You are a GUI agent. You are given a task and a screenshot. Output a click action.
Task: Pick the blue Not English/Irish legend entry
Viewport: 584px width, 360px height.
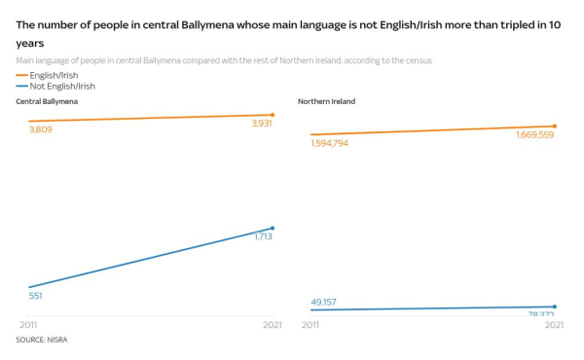point(61,87)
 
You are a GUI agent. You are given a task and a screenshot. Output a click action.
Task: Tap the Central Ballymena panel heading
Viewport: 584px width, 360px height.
point(47,101)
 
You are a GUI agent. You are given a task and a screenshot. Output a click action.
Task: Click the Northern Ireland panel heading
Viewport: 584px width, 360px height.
point(328,101)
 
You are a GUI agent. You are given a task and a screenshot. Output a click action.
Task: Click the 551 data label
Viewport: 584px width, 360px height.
point(36,296)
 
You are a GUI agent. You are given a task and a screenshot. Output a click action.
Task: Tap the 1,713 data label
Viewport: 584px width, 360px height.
point(263,236)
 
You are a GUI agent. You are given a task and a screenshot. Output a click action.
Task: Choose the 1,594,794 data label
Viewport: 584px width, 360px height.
point(330,143)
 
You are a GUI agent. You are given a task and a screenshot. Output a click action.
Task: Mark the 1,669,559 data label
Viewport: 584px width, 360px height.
point(534,135)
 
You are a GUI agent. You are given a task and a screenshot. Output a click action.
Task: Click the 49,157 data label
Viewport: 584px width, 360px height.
point(324,302)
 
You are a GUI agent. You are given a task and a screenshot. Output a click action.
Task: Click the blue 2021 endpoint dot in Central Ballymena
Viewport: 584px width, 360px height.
point(273,228)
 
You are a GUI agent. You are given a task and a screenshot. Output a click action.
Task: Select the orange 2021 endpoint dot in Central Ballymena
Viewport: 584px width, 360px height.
point(273,115)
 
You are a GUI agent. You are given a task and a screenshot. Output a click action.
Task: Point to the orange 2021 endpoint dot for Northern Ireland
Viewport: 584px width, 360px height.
point(555,126)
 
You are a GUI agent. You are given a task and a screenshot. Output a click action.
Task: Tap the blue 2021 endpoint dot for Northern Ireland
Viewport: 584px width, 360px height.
point(555,306)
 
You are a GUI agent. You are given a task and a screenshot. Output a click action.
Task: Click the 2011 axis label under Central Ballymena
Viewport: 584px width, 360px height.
point(29,325)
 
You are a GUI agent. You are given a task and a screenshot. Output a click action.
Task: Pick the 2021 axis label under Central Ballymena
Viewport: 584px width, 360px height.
point(272,325)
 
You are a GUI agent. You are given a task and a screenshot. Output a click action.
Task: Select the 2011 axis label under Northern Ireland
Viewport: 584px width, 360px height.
point(310,325)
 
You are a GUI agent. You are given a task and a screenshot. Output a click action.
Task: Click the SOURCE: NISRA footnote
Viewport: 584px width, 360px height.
point(42,340)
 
